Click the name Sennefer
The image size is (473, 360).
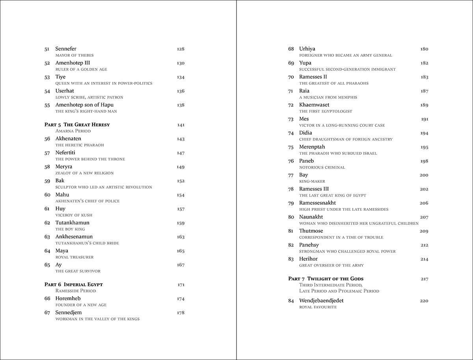[66, 49]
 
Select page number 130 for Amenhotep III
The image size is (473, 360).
[181, 63]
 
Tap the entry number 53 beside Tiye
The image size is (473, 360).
[47, 77]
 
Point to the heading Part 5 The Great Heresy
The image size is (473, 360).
[77, 125]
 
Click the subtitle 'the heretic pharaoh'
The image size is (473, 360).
[80, 145]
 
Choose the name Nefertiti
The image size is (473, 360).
[65, 153]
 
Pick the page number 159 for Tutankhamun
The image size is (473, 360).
[181, 223]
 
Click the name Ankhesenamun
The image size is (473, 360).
[74, 237]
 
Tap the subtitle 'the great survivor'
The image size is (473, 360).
[78, 271]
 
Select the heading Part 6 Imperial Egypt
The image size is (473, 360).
[74, 284]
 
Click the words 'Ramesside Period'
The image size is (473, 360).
[76, 291]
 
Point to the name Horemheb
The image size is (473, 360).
[68, 299]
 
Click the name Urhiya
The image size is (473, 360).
[307, 49]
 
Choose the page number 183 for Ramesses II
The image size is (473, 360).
[424, 77]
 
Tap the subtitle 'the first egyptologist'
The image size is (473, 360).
[326, 111]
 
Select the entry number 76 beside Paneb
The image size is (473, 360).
[291, 161]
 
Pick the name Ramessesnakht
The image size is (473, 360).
[317, 203]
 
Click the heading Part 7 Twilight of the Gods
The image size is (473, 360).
[326, 279]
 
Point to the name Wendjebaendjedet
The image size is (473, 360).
[321, 301]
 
